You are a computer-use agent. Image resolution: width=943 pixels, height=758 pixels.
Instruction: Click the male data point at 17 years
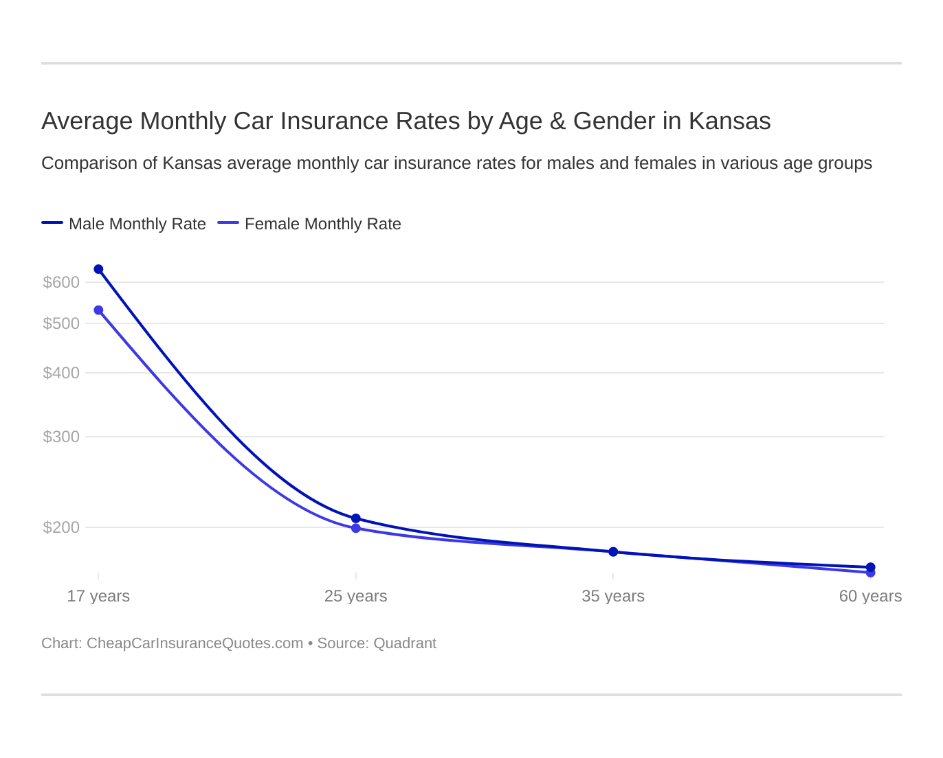click(98, 269)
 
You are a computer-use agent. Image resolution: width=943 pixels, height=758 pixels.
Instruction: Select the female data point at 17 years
click(98, 310)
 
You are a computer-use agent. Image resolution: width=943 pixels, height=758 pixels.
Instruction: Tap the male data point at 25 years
click(355, 518)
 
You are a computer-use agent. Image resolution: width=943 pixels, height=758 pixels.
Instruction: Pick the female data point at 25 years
click(355, 528)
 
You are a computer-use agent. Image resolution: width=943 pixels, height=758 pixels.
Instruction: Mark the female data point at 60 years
click(870, 573)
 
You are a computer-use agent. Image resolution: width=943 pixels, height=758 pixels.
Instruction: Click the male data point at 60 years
click(870, 567)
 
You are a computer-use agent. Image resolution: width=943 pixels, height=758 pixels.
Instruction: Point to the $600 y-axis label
click(61, 282)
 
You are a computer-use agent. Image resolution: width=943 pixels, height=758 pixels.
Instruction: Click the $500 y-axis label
click(61, 323)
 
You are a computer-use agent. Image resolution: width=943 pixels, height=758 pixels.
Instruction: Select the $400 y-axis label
click(61, 373)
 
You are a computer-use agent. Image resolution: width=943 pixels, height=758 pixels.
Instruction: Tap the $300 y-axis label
click(61, 437)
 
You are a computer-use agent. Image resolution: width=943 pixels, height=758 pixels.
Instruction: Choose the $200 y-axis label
click(61, 527)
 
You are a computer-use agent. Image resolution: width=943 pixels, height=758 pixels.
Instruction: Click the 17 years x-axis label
click(98, 596)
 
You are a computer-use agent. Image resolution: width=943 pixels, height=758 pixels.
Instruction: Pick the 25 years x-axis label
click(355, 596)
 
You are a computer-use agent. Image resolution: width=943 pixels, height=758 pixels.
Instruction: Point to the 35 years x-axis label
click(613, 596)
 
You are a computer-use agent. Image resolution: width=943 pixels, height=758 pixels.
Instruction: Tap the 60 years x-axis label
click(870, 596)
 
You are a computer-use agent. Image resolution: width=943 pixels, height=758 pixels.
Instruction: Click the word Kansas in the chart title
click(729, 121)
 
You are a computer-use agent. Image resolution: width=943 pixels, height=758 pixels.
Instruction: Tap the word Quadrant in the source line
click(405, 643)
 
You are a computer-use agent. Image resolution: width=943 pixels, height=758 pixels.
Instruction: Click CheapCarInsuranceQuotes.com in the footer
click(195, 643)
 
